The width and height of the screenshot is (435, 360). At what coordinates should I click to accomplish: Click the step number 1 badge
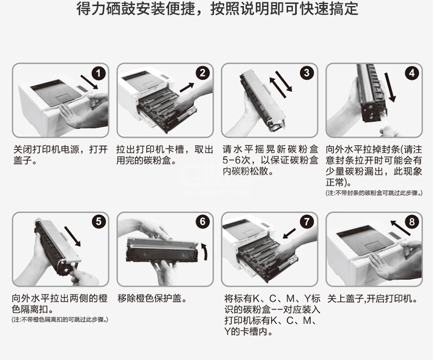click(x=99, y=74)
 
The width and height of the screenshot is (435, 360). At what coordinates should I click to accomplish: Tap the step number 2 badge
click(x=202, y=73)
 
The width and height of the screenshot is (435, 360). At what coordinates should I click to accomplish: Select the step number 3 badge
click(x=307, y=72)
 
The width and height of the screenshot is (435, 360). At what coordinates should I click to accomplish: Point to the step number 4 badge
click(x=412, y=73)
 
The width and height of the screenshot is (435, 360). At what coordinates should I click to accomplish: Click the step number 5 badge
click(x=99, y=222)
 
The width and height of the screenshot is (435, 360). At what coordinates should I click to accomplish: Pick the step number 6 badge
click(x=202, y=221)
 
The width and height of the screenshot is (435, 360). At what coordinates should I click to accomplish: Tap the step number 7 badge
click(x=307, y=221)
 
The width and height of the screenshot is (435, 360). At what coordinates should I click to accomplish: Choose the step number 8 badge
click(x=412, y=222)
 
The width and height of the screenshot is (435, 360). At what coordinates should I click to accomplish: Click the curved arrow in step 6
click(x=205, y=252)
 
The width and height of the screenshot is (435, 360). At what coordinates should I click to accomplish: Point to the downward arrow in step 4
click(x=389, y=87)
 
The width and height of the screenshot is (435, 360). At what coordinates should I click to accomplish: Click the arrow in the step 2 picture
click(x=187, y=87)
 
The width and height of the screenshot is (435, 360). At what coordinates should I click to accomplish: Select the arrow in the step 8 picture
click(x=400, y=228)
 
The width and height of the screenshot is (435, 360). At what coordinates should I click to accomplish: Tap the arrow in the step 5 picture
click(x=72, y=237)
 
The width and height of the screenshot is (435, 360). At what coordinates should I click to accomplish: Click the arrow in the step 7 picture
click(x=289, y=233)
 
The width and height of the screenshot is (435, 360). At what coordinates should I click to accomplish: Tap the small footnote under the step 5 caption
click(x=60, y=319)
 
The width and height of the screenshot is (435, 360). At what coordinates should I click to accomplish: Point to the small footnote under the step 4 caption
click(x=374, y=193)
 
